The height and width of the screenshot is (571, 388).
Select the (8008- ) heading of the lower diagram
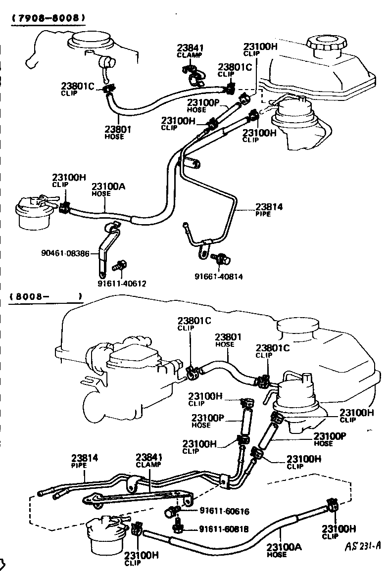pyautogui.click(x=45, y=297)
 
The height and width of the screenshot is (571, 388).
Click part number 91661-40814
pyautogui.click(x=218, y=277)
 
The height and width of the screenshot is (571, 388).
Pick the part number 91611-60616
pyautogui.click(x=224, y=511)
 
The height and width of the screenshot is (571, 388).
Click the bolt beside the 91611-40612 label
pyautogui.click(x=118, y=266)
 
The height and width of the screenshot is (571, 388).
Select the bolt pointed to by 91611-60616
pyautogui.click(x=173, y=511)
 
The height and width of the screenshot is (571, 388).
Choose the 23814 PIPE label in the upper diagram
pyautogui.click(x=269, y=210)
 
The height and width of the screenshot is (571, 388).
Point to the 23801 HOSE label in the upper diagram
pyautogui.click(x=117, y=132)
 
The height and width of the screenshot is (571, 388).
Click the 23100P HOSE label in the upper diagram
pyautogui.click(x=202, y=105)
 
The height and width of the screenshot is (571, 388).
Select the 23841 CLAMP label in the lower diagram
pyautogui.click(x=149, y=460)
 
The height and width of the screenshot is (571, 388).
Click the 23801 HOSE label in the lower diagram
pyautogui.click(x=228, y=340)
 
